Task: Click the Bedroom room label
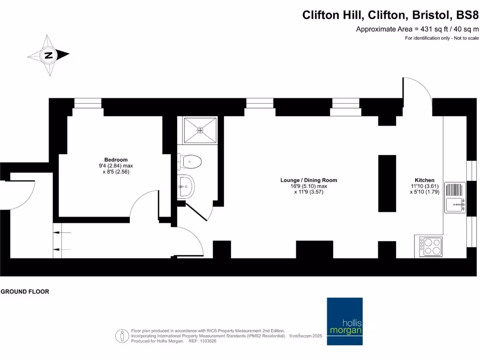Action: [x=116, y=160]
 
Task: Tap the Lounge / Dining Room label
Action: [x=308, y=180]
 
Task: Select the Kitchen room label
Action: [x=424, y=180]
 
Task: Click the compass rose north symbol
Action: [x=48, y=55]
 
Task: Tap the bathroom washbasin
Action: [x=186, y=187]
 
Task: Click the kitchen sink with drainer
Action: [x=454, y=197]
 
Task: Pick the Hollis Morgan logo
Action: [x=345, y=321]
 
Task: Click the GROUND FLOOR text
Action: [x=25, y=292]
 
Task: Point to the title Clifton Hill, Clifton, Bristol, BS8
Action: [x=390, y=15]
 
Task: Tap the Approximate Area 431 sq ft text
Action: [x=417, y=29]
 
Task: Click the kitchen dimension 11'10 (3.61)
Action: [x=424, y=186]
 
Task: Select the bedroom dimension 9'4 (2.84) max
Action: [x=116, y=166]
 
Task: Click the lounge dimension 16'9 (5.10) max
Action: [x=308, y=186]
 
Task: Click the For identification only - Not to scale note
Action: [x=442, y=38]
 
